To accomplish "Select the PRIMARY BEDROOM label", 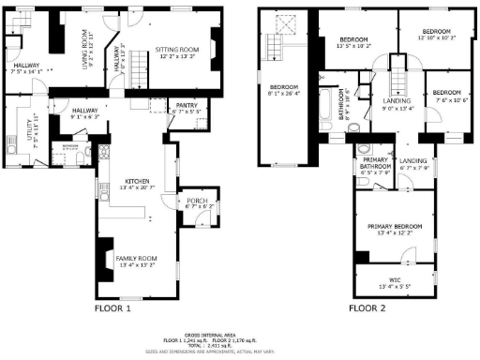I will pyautogui.click(x=393, y=227).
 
